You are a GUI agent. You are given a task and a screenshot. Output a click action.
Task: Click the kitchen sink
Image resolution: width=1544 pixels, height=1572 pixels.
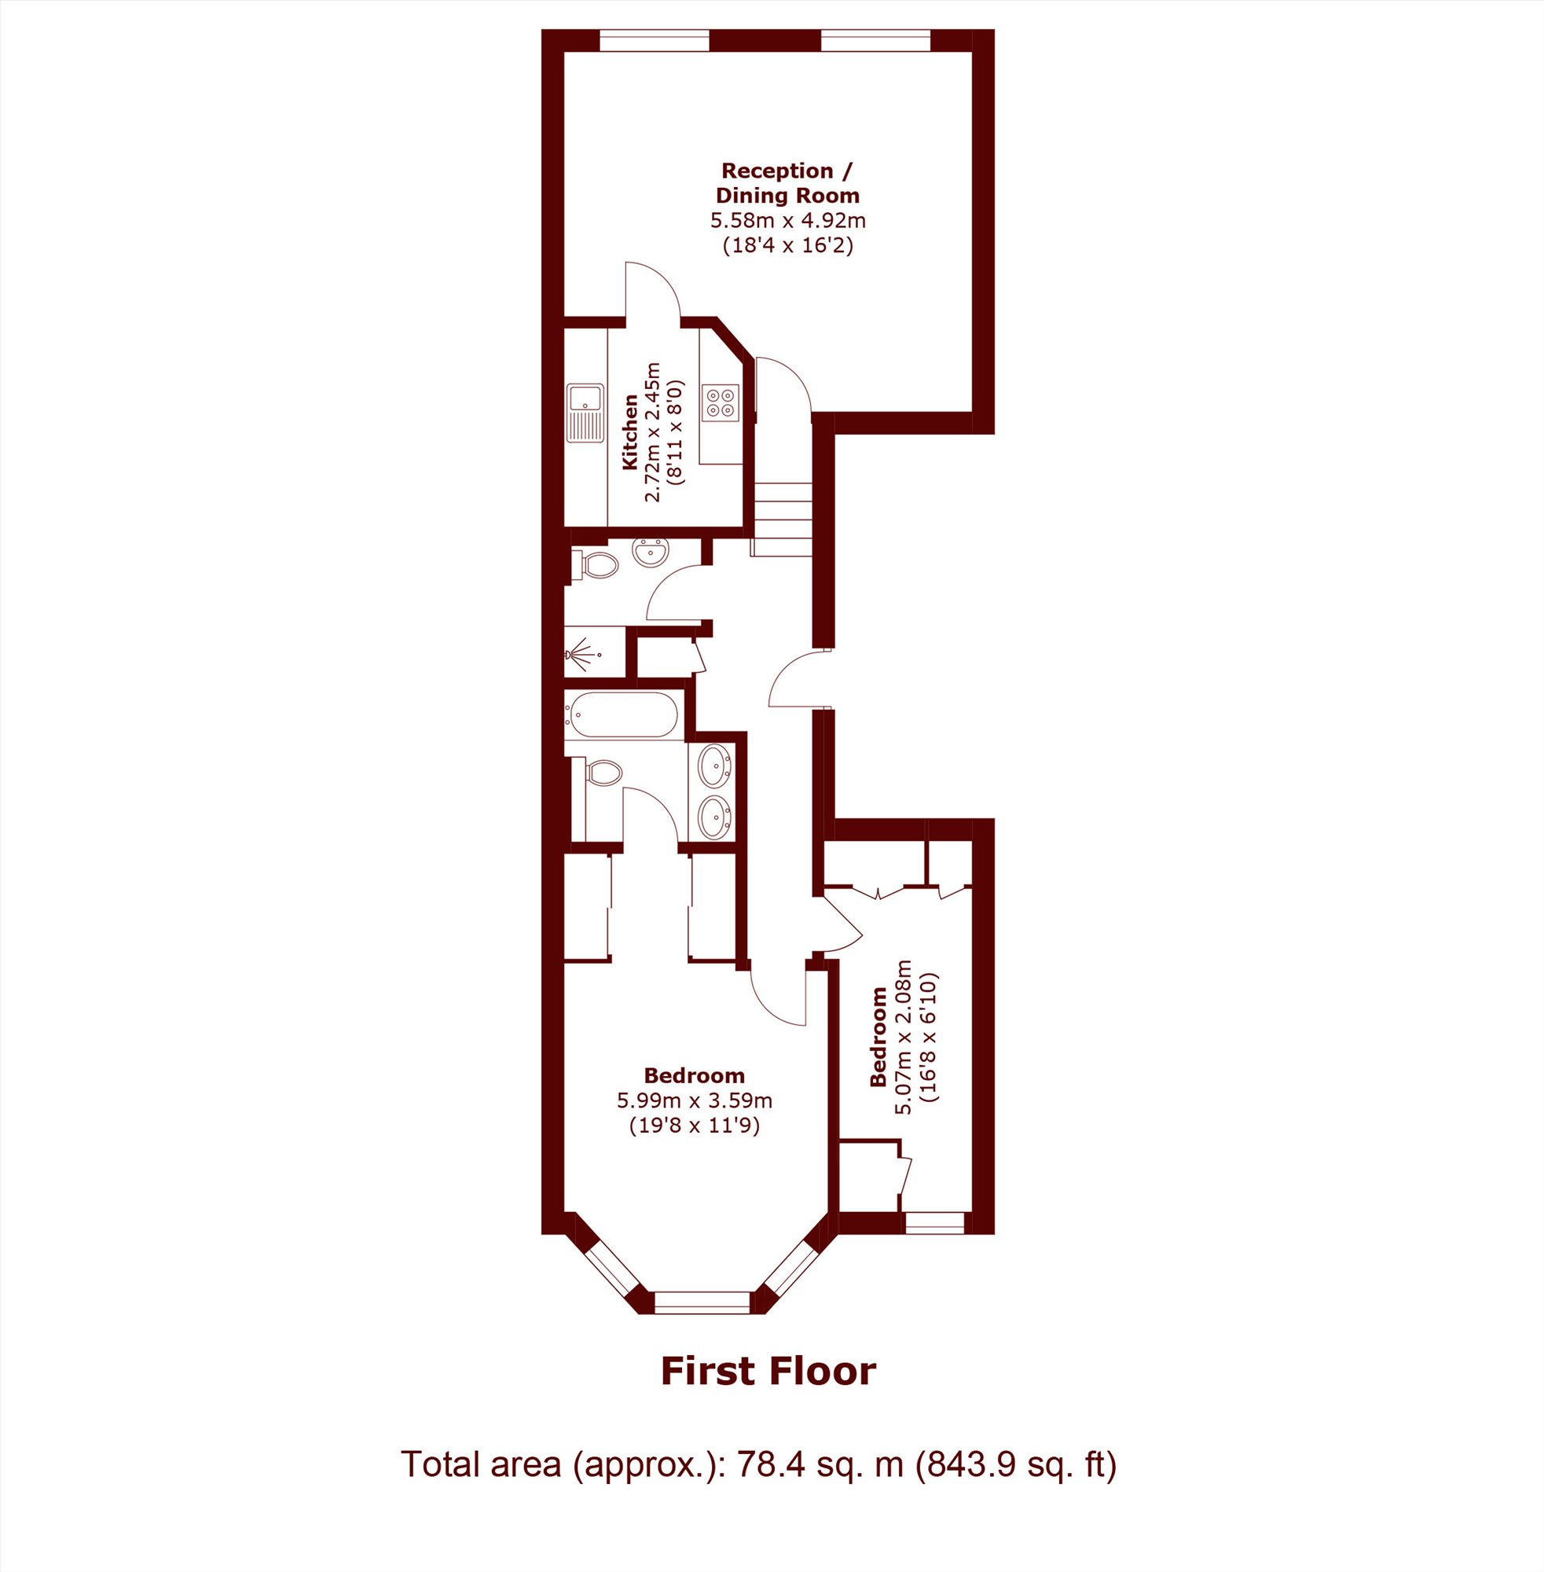coord(585,413)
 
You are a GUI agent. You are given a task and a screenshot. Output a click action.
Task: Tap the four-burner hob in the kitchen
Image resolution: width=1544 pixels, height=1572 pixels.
coord(721,403)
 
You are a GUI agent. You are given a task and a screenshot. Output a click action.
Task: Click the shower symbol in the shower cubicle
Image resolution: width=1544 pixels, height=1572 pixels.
coord(581,651)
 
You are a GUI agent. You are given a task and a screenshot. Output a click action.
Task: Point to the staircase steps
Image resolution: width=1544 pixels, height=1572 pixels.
coord(783,519)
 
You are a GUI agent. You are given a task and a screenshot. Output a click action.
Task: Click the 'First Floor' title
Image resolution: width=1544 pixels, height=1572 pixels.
coord(768,1370)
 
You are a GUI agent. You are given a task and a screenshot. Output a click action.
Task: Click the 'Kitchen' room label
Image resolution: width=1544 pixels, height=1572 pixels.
coord(629,432)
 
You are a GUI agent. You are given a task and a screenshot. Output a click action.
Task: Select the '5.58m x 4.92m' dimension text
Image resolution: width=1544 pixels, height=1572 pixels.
coord(788,220)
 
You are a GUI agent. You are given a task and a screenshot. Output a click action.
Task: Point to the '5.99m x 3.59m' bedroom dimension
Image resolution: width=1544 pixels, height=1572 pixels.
coord(694,1100)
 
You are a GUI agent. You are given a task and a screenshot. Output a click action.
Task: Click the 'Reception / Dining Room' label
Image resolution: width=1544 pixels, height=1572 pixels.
coord(787,182)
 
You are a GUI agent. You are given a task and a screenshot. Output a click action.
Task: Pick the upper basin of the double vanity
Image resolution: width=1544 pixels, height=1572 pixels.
coord(714,765)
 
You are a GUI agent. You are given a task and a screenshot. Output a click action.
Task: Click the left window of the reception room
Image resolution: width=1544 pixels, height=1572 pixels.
coord(654,40)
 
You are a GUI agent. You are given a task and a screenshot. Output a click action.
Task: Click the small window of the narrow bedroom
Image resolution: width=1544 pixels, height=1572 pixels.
coord(935,1223)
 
